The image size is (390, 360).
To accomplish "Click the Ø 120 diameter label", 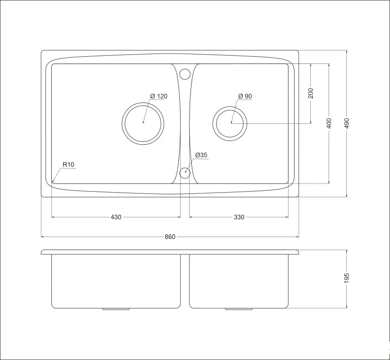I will pos(159,96).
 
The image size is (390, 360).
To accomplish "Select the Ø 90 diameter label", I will pos(245,96).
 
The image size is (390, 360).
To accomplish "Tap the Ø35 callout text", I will pos(201,155).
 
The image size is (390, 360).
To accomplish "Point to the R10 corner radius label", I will pos(68,165).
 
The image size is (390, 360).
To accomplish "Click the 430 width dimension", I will pos(116,217).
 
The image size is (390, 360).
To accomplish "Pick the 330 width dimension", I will pos(239,217).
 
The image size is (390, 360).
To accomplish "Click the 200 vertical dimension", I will pos(311,93).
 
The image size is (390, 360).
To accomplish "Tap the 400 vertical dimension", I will pos(329,123).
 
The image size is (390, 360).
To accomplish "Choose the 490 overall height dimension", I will pos(347,123).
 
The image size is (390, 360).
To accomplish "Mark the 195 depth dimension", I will pos(347,279).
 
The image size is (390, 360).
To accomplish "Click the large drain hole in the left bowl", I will pos(143,123).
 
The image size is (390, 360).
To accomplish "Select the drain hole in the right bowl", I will pos(231,123).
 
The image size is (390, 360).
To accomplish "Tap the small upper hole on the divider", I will pos(185,73).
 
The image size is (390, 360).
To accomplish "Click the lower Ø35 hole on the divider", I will pos(185,173).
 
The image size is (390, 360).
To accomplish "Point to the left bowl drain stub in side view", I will pos(117,309).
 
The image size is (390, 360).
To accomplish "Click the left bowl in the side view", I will pos(116,281).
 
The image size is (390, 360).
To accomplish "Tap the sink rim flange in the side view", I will pos(170,252).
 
